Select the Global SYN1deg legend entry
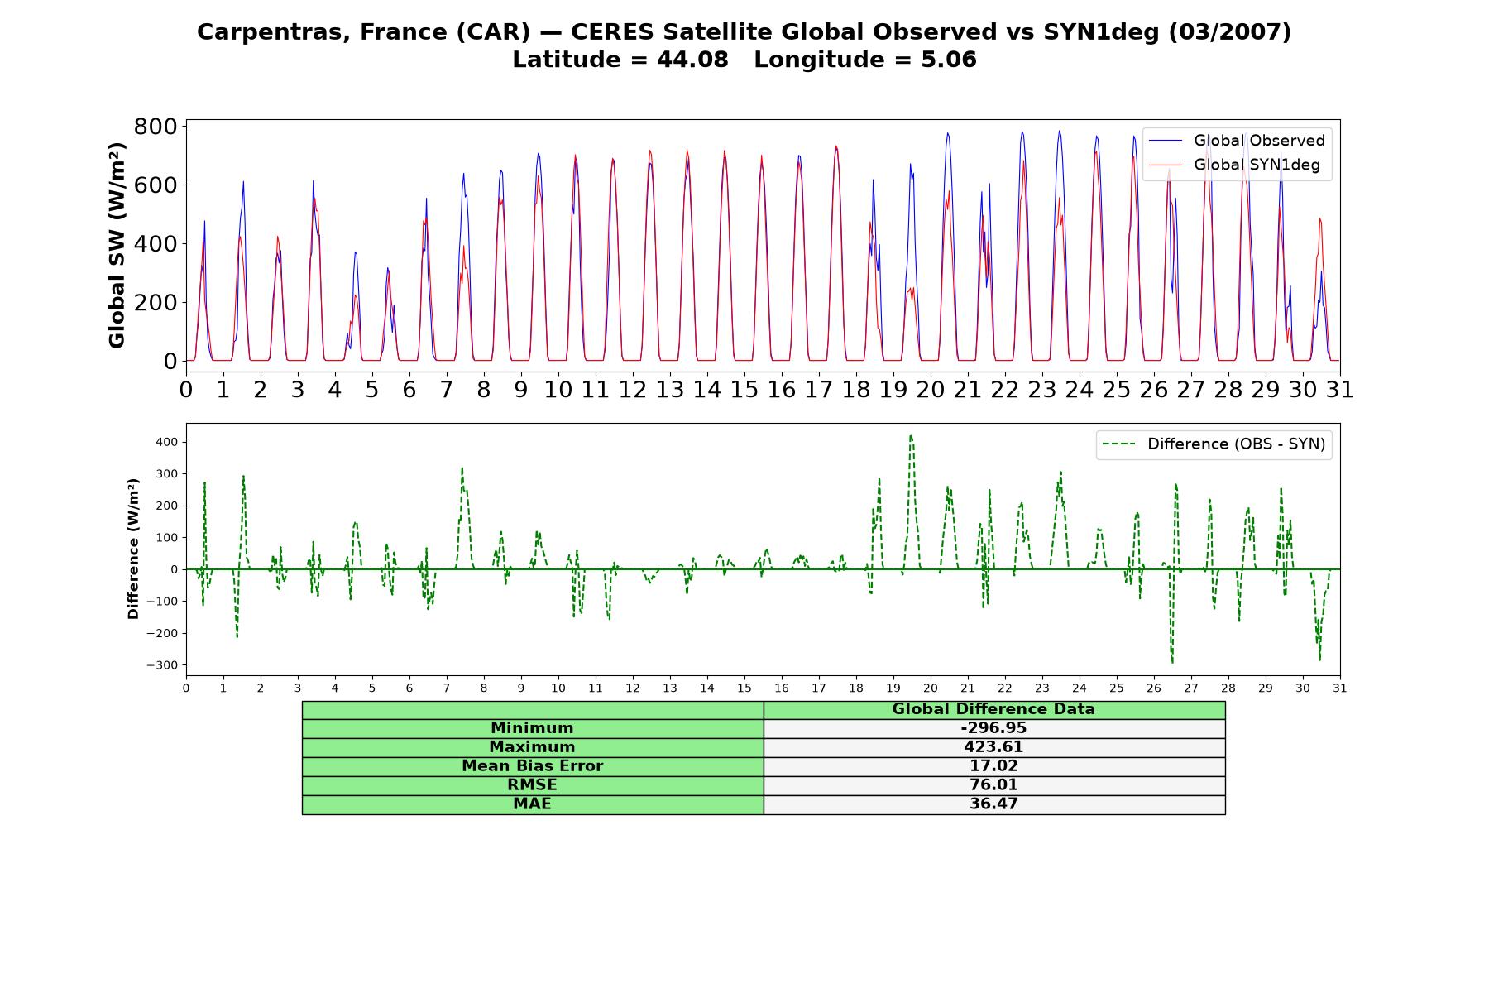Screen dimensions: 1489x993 tap(1234, 165)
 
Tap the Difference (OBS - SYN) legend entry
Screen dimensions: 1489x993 tap(1214, 444)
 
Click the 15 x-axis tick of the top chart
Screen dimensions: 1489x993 tap(744, 389)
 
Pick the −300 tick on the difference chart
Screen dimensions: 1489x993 tap(163, 665)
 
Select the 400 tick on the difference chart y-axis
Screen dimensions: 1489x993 tap(167, 442)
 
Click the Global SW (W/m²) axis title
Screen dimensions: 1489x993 tap(117, 246)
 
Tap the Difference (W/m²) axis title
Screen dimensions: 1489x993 tap(133, 549)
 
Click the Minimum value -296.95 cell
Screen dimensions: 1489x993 tap(993, 728)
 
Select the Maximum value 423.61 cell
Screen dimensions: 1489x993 tap(993, 747)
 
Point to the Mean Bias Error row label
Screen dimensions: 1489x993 tap(533, 766)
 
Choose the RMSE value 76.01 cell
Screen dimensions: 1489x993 tap(993, 785)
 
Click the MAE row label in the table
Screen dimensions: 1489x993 tap(533, 804)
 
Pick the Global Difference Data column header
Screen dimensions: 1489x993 tap(993, 709)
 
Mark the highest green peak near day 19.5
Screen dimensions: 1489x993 tap(911, 435)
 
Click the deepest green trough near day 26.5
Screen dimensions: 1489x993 tap(1172, 662)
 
